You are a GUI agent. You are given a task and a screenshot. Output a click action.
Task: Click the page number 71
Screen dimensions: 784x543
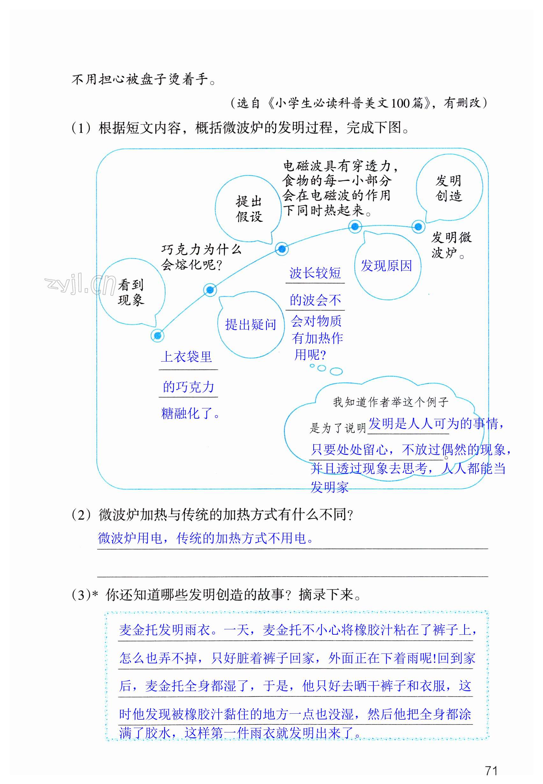tap(491, 770)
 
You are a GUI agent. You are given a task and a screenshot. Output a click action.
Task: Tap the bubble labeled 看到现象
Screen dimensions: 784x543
tap(131, 292)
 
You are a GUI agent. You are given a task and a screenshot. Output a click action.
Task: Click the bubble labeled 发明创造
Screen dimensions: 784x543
tap(449, 188)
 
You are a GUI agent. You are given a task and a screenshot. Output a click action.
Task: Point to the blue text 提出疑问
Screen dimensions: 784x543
tap(251, 325)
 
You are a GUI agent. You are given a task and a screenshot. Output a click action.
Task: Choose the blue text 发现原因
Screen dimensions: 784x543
tap(387, 266)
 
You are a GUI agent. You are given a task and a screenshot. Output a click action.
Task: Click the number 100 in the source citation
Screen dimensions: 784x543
tap(401, 103)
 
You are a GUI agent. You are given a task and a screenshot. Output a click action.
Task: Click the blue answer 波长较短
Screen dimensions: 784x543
tap(315, 273)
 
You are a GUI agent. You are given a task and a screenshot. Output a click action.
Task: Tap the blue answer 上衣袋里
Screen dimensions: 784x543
tap(186, 357)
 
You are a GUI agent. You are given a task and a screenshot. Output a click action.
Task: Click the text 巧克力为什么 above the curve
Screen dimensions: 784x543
tap(201, 250)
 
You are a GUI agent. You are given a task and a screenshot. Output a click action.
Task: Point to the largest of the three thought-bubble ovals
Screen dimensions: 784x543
tap(336, 371)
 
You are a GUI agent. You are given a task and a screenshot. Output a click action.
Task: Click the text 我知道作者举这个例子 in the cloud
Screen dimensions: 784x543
tap(391, 402)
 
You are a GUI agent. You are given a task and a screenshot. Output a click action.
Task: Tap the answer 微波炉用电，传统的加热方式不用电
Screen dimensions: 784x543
tap(206, 538)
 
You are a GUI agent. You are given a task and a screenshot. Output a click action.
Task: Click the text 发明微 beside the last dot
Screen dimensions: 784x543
tap(452, 237)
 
